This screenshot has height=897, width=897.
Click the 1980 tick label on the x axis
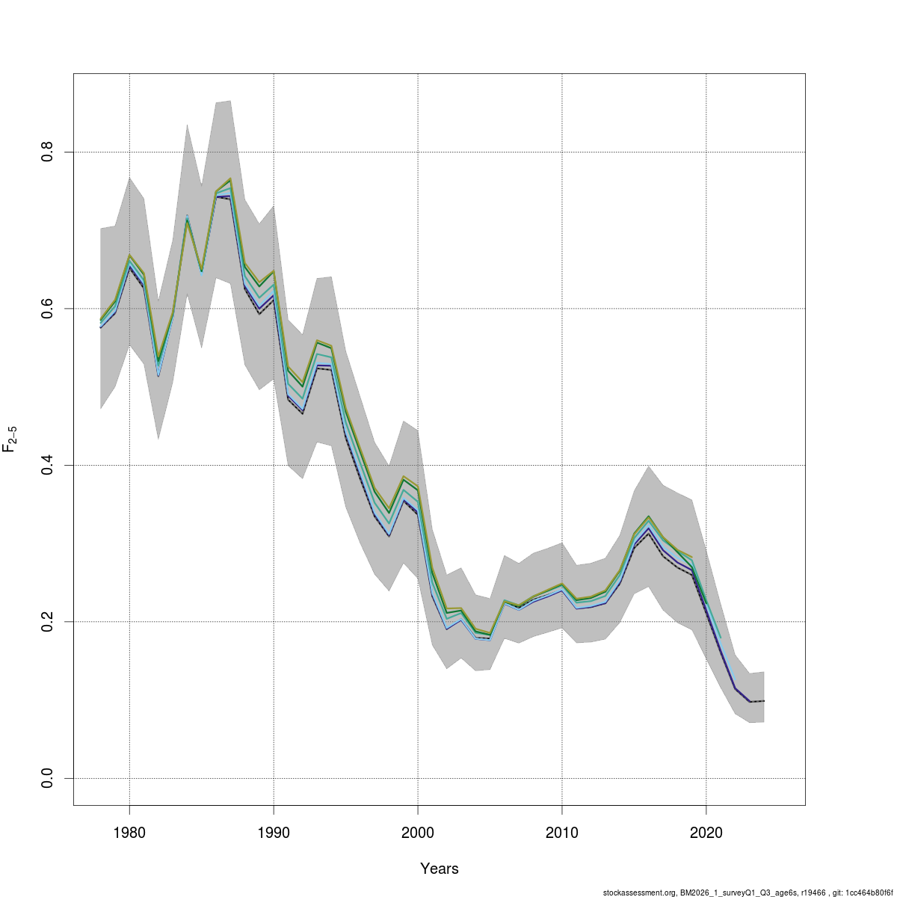(129, 832)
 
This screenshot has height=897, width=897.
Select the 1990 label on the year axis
(274, 832)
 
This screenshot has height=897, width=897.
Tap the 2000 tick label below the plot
(418, 832)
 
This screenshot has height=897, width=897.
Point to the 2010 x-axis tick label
(561, 832)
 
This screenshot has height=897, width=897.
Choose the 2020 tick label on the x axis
(706, 832)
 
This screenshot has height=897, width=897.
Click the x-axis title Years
(440, 869)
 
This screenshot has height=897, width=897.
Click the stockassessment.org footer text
(747, 893)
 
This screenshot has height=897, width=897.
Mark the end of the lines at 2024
(763, 701)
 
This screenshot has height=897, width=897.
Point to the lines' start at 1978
(101, 324)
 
